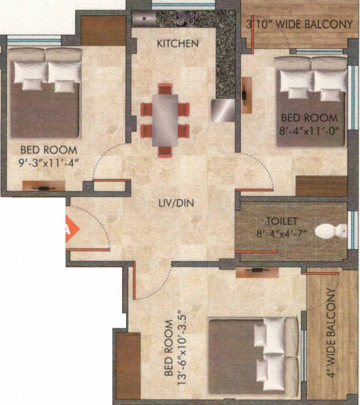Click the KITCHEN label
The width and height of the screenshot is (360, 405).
(x=178, y=43)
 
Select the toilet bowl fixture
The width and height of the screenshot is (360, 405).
(x=333, y=231)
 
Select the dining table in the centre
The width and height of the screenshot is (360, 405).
(x=164, y=120)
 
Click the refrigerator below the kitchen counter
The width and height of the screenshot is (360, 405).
(x=223, y=110)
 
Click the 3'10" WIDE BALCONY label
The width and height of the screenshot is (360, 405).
(x=299, y=24)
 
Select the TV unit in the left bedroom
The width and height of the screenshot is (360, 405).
(x=43, y=186)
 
